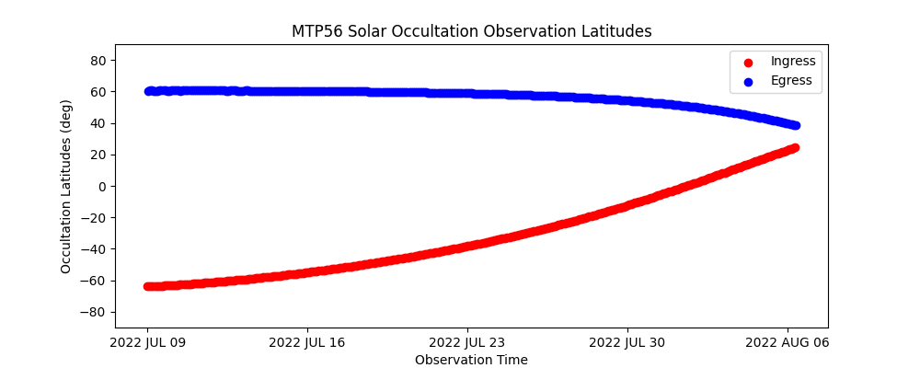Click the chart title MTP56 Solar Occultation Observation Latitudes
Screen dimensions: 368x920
click(471, 31)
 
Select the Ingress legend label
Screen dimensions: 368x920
click(793, 62)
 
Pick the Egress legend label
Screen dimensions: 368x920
click(792, 81)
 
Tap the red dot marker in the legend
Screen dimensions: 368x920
click(748, 63)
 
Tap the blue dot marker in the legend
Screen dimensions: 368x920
click(748, 82)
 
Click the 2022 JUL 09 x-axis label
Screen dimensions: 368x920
click(147, 343)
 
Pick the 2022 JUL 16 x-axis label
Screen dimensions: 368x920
click(307, 343)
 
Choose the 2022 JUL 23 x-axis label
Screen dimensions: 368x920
click(467, 343)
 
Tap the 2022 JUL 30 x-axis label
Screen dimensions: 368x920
click(627, 343)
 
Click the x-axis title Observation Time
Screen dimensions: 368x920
click(471, 360)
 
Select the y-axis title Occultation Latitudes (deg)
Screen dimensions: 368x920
click(66, 186)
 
